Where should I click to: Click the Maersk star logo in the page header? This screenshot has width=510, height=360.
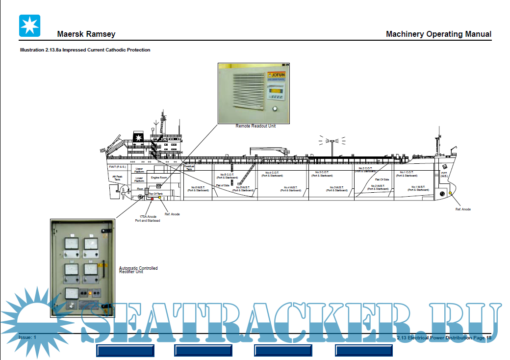coord(29,26)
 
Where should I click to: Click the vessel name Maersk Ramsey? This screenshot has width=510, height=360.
coord(86,34)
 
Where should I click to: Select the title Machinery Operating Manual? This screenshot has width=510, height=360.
coord(438,34)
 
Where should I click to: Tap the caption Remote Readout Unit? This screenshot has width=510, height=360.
coord(255,126)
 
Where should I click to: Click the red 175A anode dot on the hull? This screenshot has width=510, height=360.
coord(152,199)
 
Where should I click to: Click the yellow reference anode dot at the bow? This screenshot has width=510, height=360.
coord(450,193)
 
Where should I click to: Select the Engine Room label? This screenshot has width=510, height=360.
coord(159,178)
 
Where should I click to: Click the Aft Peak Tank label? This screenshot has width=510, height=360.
coord(117,178)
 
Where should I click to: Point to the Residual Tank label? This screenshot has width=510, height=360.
coord(189,168)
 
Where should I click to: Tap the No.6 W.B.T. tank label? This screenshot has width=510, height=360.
coord(198,189)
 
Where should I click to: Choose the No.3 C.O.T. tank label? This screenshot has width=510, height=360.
coord(325,174)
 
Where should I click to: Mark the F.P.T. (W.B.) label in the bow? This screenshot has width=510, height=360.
coord(444,174)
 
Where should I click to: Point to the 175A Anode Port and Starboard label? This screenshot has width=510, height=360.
coord(148,218)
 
